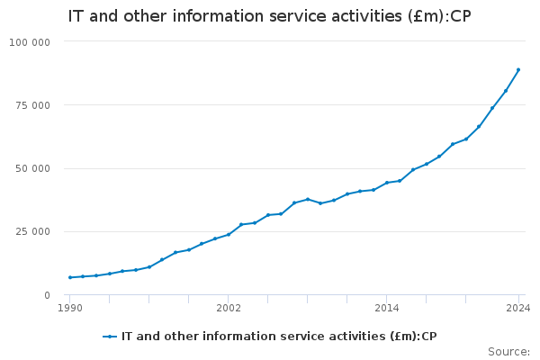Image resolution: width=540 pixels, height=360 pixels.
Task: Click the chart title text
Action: pyautogui.click(x=270, y=16)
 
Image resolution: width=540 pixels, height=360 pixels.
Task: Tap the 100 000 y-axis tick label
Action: pyautogui.click(x=31, y=42)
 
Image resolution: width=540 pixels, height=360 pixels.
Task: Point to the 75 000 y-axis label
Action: pyautogui.click(x=33, y=105)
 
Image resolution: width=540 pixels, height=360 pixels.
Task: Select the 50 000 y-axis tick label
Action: pyautogui.click(x=33, y=168)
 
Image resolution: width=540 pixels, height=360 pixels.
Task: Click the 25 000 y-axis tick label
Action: pyautogui.click(x=33, y=232)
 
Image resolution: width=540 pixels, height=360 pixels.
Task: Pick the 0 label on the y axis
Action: pyautogui.click(x=47, y=295)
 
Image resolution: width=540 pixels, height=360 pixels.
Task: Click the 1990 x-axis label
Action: pyautogui.click(x=70, y=309)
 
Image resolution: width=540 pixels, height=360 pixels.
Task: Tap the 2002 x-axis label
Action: pyautogui.click(x=229, y=309)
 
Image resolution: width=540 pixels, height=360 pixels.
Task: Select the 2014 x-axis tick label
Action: pyautogui.click(x=387, y=309)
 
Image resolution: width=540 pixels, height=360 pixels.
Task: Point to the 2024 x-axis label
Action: pyautogui.click(x=518, y=309)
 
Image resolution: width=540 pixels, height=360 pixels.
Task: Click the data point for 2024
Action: pyautogui.click(x=518, y=69)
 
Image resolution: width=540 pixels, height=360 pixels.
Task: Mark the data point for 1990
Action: pyautogui.click(x=70, y=277)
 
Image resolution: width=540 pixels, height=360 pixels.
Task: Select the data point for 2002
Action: pyautogui.click(x=229, y=234)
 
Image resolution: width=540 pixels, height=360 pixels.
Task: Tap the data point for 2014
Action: pyautogui.click(x=387, y=183)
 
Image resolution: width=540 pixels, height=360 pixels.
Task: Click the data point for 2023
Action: pyautogui.click(x=506, y=90)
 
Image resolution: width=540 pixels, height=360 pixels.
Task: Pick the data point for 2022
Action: pyautogui.click(x=492, y=108)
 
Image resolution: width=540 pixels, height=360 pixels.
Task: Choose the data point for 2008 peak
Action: pyautogui.click(x=308, y=199)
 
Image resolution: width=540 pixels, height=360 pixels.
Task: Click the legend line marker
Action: pyautogui.click(x=110, y=337)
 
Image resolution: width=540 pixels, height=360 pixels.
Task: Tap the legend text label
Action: pyautogui.click(x=279, y=337)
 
